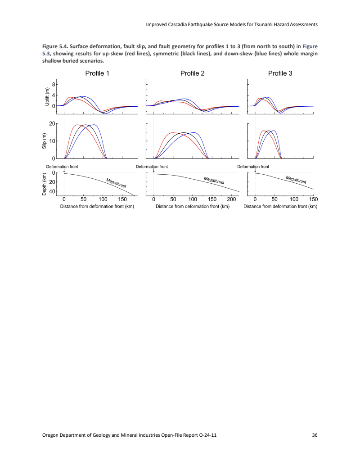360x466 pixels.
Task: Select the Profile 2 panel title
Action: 193,73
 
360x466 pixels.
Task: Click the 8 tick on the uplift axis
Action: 53,85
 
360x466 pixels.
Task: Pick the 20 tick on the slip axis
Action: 52,124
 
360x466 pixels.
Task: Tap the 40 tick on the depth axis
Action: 52,191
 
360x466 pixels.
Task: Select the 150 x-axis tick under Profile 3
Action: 314,199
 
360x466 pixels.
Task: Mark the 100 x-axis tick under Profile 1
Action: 103,199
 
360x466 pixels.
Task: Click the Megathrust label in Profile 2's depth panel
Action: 214,181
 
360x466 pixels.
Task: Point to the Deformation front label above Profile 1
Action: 62,167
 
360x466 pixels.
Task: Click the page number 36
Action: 315,435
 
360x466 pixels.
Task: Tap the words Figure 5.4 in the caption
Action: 55,46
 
